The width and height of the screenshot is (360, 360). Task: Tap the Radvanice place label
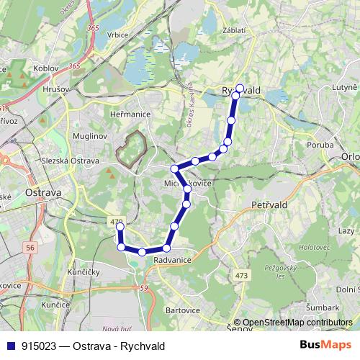click(172, 261)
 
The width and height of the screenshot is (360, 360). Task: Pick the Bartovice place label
click(181, 310)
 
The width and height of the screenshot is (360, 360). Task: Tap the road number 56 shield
click(30, 247)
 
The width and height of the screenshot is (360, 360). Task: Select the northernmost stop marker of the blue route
click(240, 89)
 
